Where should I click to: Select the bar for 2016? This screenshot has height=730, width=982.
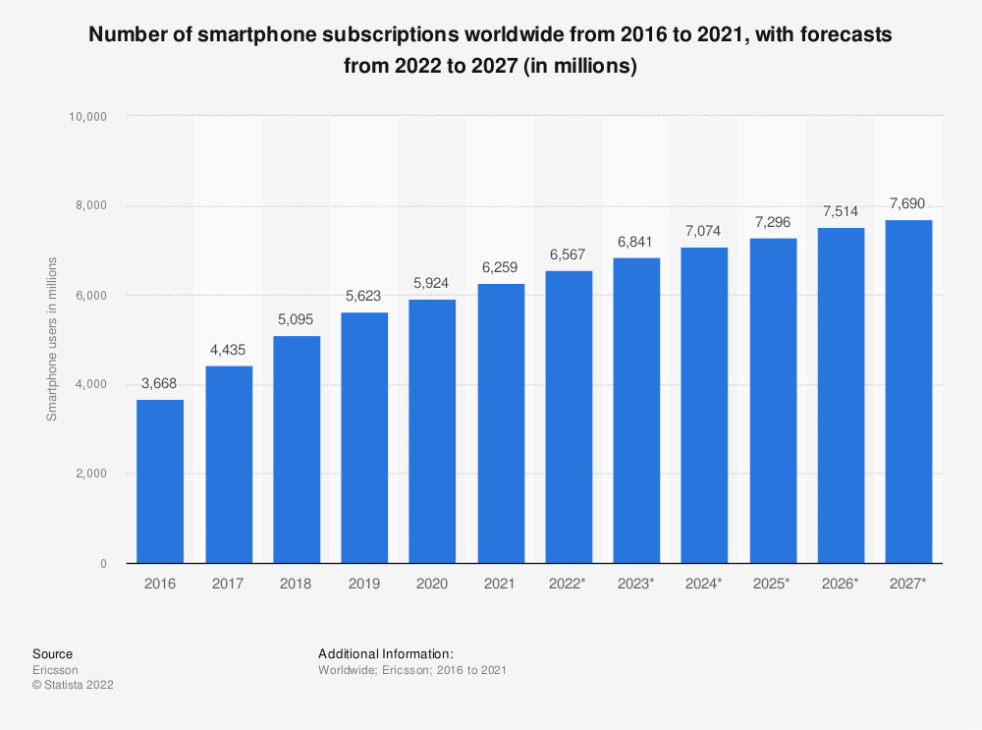coord(160,481)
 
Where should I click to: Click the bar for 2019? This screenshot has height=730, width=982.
coord(364,437)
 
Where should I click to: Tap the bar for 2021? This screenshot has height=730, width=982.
coord(501,423)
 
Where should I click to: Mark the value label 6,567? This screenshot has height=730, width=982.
coord(569,253)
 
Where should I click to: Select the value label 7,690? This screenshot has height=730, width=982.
coord(908,203)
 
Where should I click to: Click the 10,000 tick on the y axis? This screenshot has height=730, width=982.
coord(88,117)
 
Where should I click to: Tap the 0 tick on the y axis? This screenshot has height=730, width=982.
coord(102,564)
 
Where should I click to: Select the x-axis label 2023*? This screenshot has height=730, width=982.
coord(636,584)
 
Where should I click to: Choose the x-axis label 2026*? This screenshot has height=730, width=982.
coord(841,584)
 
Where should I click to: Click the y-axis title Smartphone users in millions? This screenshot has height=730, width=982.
coord(52,339)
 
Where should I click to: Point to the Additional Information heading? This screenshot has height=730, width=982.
coord(385,653)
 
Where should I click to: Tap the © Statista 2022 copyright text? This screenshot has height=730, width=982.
coord(73,686)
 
